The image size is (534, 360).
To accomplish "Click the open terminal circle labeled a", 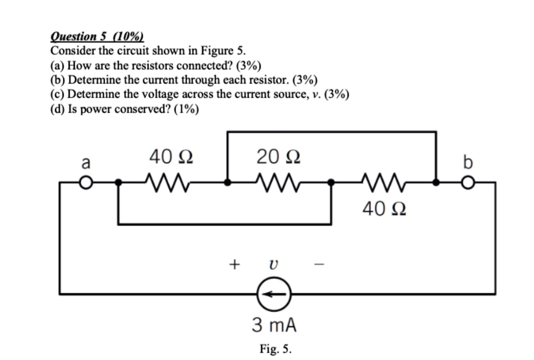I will coord(87,183).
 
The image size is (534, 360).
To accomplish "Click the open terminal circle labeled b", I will coord(469,183).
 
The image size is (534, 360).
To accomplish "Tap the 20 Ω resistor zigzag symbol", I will coord(277,182).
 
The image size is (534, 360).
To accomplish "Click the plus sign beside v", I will coord(234,265).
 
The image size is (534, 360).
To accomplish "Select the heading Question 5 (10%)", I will coord(97,37).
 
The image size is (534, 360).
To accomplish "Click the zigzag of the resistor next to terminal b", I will coord(384,182).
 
